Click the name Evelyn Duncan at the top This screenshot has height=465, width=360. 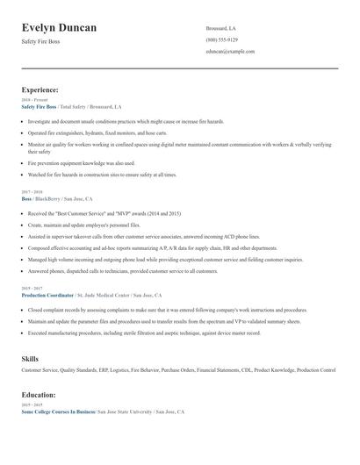(x=60, y=28)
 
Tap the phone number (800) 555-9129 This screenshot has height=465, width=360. (x=221, y=39)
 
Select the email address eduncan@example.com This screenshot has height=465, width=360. (x=230, y=52)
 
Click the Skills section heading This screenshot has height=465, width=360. (x=30, y=359)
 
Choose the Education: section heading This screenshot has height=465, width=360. (x=40, y=395)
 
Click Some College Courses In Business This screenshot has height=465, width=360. (x=58, y=411)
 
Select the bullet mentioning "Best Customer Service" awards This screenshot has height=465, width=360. (x=104, y=213)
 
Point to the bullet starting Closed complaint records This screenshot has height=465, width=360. (x=167, y=311)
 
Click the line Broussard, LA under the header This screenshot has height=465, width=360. (x=220, y=27)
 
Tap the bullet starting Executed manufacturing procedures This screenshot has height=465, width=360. (x=144, y=333)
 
